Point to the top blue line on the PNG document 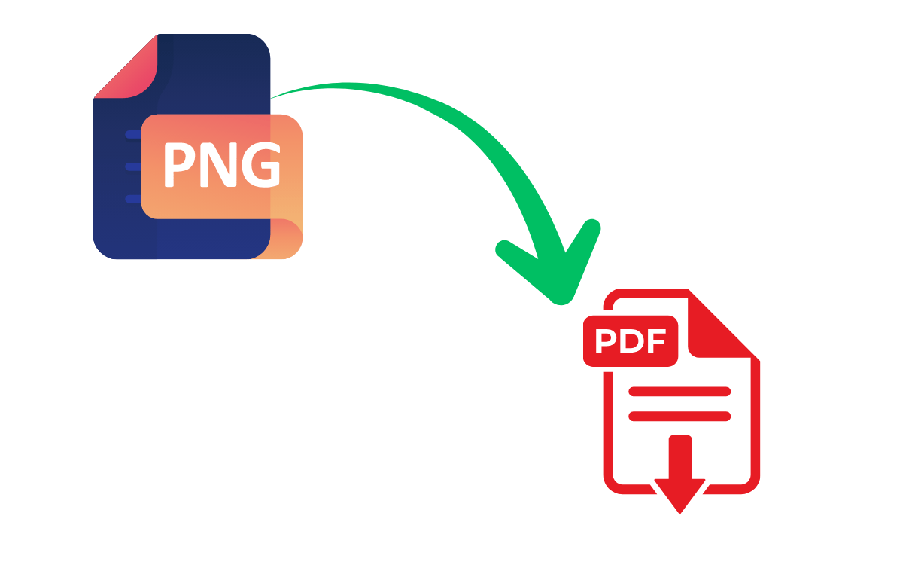point(133,135)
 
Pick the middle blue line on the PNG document point(133,166)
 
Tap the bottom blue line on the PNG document point(133,199)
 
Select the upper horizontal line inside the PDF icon point(680,392)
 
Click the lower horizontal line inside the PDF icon point(680,416)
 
